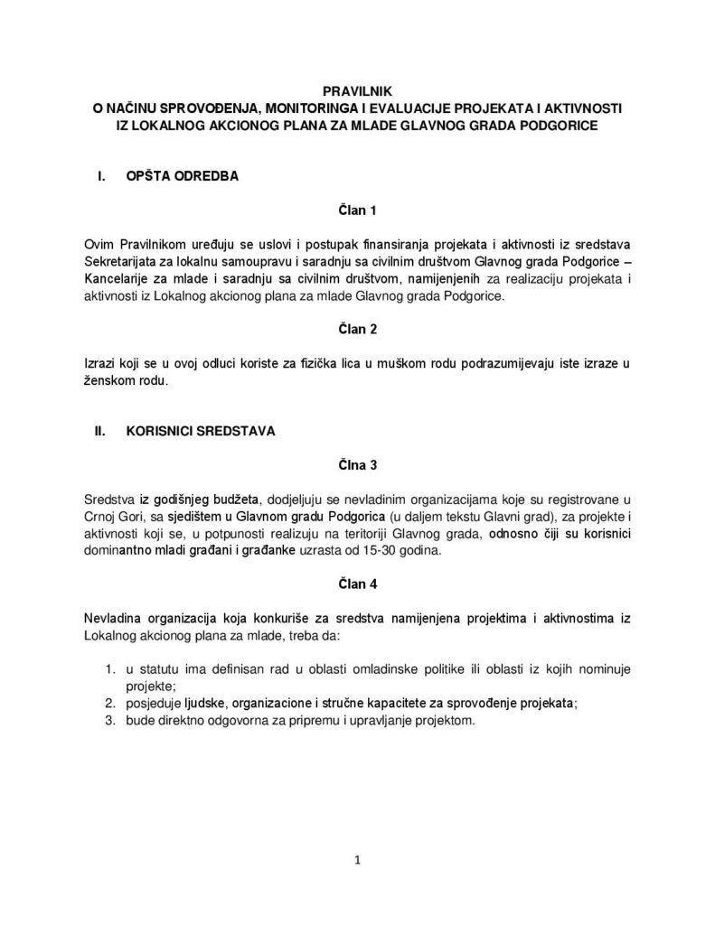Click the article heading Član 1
click(x=356, y=210)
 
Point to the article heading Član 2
click(x=356, y=329)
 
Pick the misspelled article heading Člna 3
click(x=356, y=465)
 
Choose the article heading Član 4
click(x=356, y=584)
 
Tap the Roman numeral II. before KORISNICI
click(x=101, y=432)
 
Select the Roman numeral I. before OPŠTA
click(x=101, y=177)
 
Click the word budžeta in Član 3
click(x=235, y=499)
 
